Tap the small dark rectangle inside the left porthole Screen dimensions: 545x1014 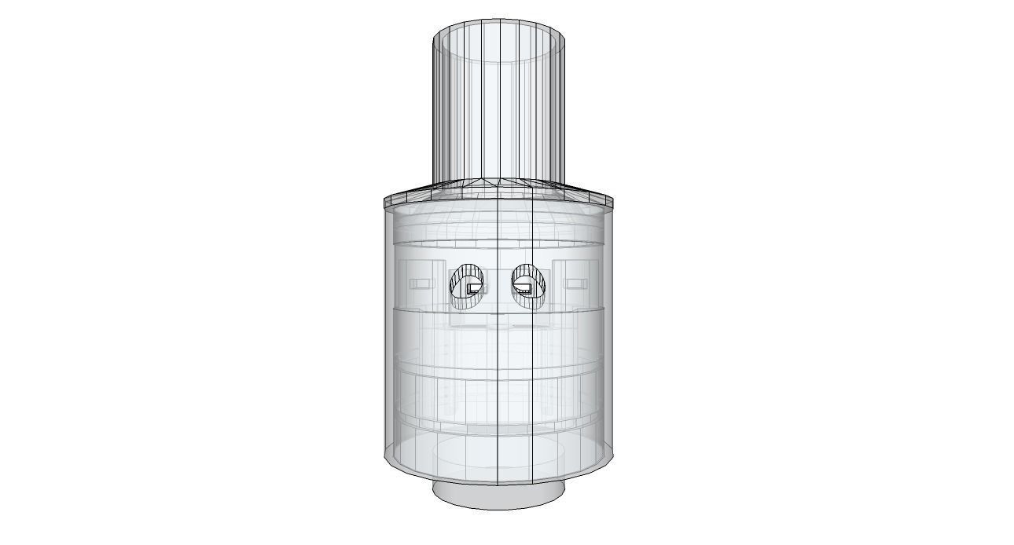pos(472,289)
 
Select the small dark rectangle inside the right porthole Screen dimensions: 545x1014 pos(524,289)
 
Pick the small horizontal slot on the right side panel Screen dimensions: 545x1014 pos(577,283)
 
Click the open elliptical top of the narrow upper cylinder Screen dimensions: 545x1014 pos(499,41)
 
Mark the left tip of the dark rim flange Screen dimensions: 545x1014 pos(385,203)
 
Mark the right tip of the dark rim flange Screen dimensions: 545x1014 pos(614,203)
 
